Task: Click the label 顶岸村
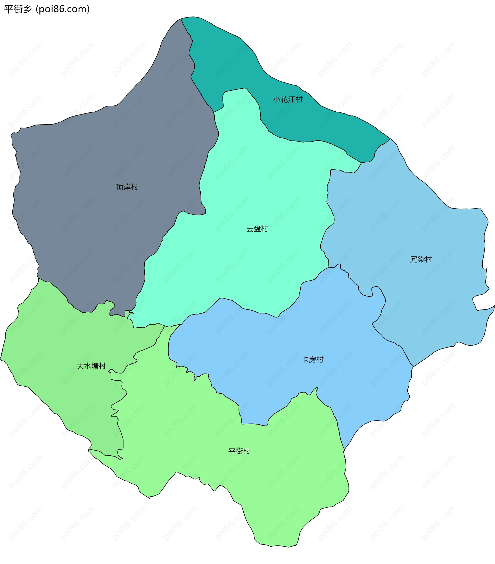pos(127,187)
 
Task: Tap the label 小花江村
pos(288,99)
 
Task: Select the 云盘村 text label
pos(257,229)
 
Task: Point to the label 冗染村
pos(421,259)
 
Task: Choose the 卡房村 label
pos(312,360)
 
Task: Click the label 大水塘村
pos(91,366)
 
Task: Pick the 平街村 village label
pos(239,451)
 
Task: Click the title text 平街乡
pos(18,9)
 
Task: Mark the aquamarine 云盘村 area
pos(248,179)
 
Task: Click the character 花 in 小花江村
pos(284,99)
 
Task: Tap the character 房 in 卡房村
pos(312,360)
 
